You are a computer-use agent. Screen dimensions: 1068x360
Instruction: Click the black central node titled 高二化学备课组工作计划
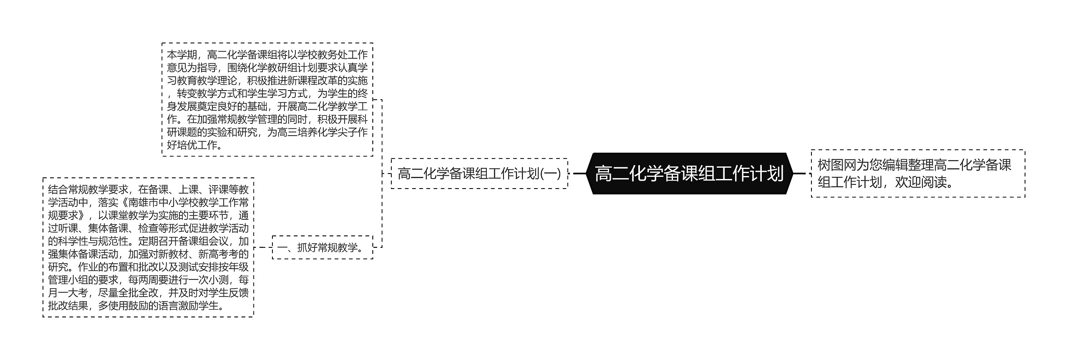[689, 174]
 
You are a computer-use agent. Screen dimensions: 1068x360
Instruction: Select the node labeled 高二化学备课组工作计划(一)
[479, 174]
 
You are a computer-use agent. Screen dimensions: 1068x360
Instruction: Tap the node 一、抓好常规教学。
[322, 247]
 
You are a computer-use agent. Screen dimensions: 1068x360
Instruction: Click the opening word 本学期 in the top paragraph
[182, 55]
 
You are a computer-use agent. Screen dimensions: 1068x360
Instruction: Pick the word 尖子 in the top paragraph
[343, 132]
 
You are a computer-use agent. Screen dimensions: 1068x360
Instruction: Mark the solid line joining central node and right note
[799, 174]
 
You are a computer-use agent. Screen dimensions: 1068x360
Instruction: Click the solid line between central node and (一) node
[580, 174]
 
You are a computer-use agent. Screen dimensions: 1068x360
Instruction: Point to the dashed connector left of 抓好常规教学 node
[263, 247]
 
